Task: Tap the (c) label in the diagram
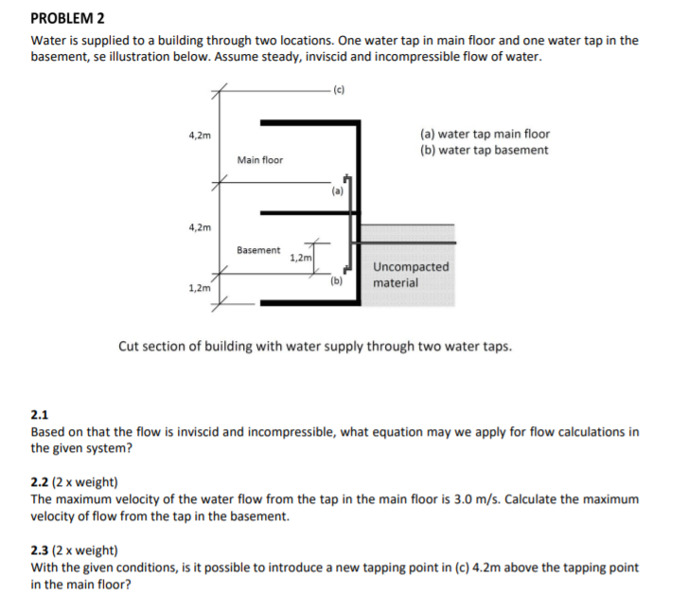point(339,90)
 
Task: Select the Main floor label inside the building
point(259,160)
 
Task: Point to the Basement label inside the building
point(258,250)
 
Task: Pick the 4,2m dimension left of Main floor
point(200,135)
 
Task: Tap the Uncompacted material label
point(411,275)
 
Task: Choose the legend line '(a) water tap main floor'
point(484,135)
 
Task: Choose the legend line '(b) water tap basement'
point(483,150)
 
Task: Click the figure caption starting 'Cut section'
point(314,346)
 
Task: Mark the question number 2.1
point(40,415)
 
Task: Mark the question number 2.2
point(40,482)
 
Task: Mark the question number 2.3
point(40,550)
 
